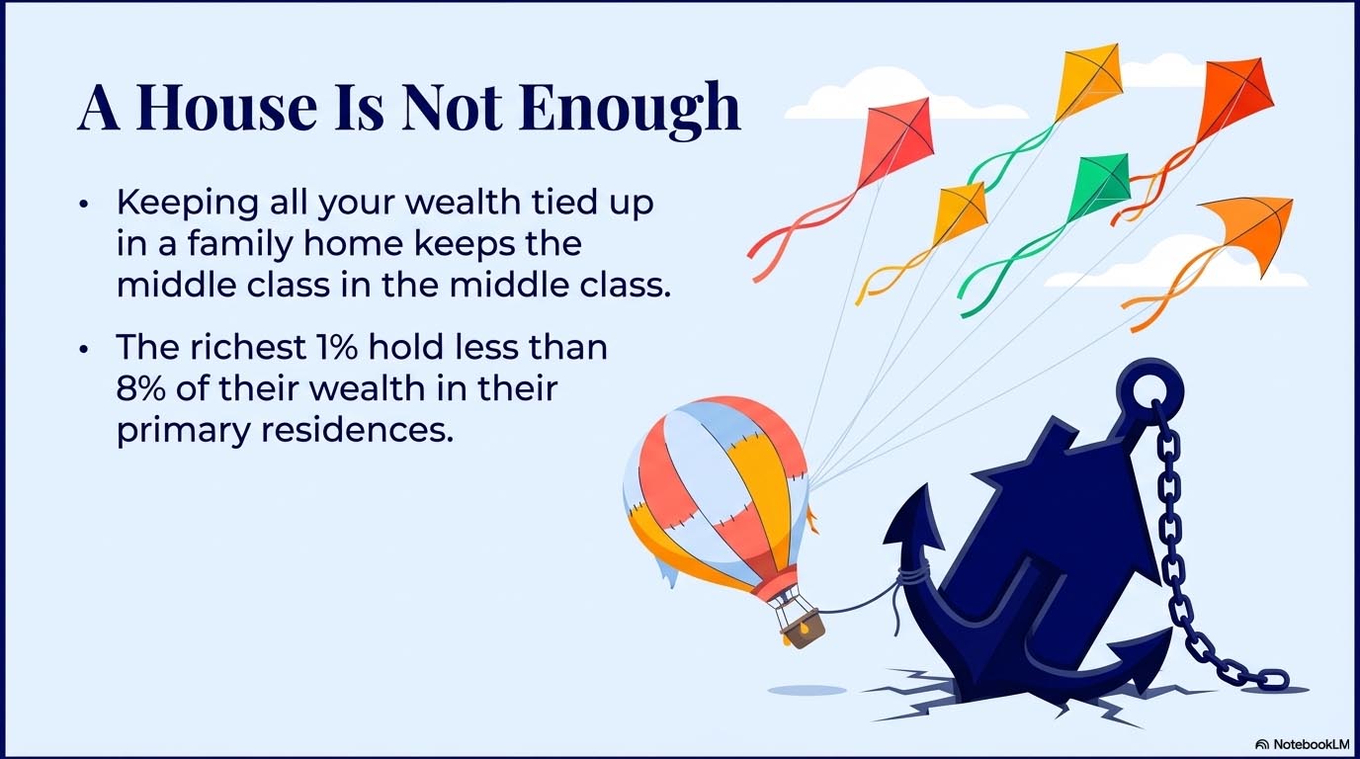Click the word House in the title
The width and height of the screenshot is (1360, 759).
point(226,108)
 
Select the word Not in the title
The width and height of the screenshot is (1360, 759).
point(452,108)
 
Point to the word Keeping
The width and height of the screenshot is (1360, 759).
point(188,204)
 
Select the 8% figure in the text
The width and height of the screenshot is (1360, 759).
point(140,388)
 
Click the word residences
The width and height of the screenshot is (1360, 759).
point(357,430)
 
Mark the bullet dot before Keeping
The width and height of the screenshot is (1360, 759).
point(84,204)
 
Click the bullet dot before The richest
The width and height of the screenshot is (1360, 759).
point(84,349)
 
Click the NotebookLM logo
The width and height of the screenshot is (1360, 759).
point(1301,744)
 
